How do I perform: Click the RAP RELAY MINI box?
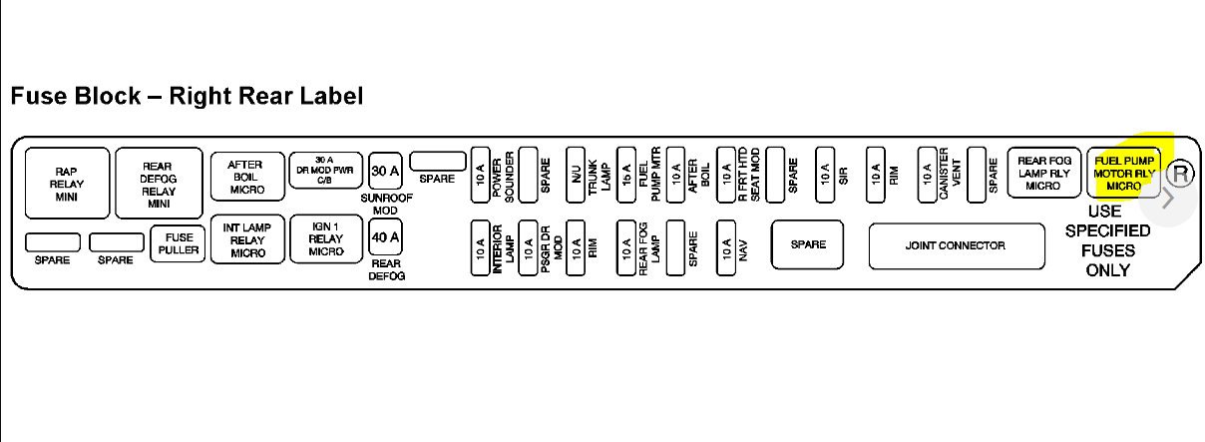point(67,184)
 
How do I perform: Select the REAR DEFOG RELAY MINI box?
point(159,184)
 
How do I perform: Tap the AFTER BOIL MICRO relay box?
point(246,177)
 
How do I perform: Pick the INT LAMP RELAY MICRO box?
point(246,239)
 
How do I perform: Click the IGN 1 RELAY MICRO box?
point(325,239)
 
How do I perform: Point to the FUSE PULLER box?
point(179,243)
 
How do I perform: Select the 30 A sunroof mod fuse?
point(385,171)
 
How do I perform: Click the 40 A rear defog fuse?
point(385,237)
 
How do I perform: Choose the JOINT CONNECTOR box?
point(955,245)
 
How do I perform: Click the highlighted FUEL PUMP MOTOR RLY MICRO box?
point(1123,173)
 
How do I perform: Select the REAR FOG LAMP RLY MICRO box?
point(1043,173)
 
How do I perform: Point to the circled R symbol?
point(1180,174)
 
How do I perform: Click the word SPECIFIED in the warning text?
point(1107,231)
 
